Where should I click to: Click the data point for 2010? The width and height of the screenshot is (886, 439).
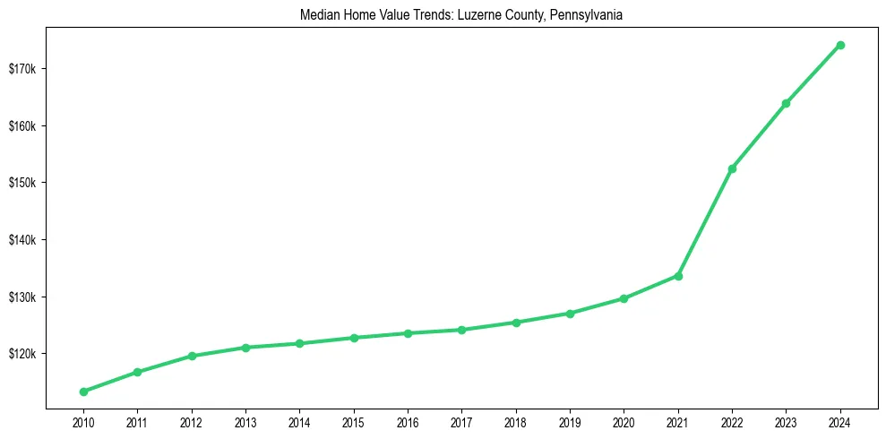[x=83, y=392]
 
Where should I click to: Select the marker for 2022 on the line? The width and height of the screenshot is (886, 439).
[x=732, y=168]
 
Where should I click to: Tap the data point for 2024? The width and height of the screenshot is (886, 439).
[x=840, y=45]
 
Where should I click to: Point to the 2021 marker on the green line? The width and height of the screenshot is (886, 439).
[x=678, y=276]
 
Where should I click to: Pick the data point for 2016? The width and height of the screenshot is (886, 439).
[x=408, y=333]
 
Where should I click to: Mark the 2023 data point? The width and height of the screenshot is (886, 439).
[x=786, y=103]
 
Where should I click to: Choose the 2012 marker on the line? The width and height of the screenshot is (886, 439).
[x=191, y=356]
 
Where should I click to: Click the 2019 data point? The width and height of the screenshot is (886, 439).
[x=570, y=314]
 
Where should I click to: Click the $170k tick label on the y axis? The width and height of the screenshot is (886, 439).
[x=22, y=69]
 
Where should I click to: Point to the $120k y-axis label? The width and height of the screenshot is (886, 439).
[x=22, y=354]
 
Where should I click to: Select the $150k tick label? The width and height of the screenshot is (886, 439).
[x=22, y=183]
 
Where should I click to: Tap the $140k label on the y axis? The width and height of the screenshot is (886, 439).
[x=22, y=240]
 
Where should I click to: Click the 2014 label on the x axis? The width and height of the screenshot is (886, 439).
[x=299, y=421]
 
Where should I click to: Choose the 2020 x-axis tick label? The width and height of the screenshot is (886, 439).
[x=624, y=421]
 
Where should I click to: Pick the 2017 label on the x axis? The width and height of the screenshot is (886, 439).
[x=461, y=421]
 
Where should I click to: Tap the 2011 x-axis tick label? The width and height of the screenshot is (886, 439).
[x=137, y=421]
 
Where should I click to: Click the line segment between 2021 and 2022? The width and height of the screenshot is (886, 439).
[x=705, y=222]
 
